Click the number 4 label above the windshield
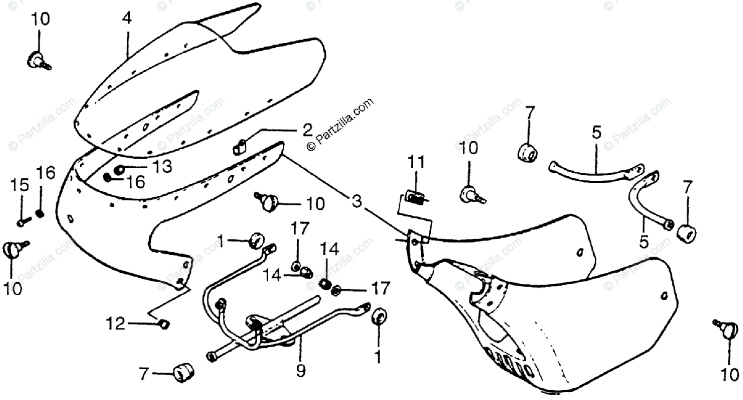click(126, 19)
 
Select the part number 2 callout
click(307, 130)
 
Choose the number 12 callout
click(115, 323)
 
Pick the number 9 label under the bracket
click(300, 371)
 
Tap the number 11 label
click(416, 163)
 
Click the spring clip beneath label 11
click(417, 198)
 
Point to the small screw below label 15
click(22, 218)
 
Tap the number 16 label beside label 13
click(136, 181)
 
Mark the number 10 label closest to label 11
click(469, 148)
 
